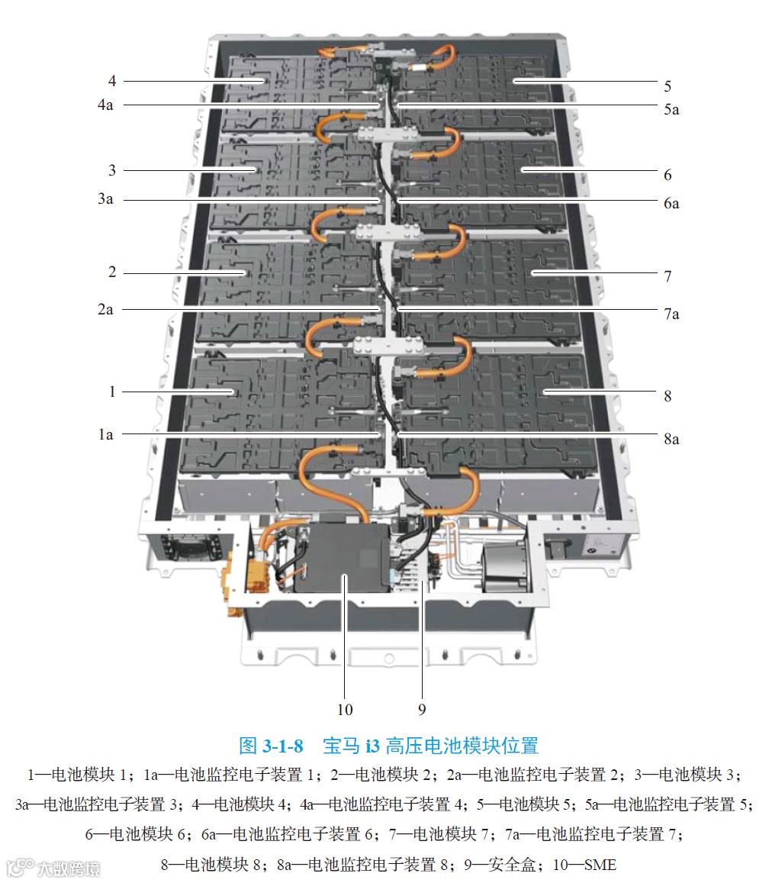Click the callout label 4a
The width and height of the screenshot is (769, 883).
105,105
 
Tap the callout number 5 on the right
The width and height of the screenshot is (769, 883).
668,86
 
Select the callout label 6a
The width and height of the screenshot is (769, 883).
671,204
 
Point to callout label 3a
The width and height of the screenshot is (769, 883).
105,200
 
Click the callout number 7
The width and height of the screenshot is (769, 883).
668,276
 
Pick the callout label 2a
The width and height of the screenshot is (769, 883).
105,309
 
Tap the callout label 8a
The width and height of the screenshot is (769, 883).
671,440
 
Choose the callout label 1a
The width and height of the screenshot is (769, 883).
105,434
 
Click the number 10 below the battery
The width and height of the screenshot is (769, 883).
345,710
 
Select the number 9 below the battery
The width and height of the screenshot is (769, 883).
422,710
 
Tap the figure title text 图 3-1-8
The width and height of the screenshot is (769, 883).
272,745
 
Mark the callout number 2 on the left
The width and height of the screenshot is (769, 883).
112,272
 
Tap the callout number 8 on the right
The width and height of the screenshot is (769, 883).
668,396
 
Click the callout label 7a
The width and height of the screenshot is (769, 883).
671,314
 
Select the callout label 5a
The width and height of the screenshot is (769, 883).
671,109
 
